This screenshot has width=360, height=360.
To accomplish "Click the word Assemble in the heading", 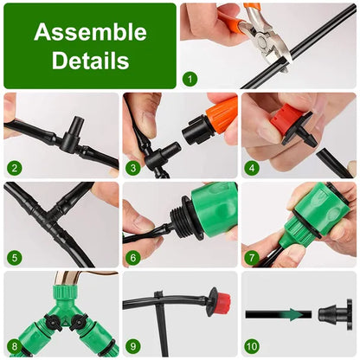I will tap(90, 33).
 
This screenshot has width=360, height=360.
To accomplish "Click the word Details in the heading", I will tap(90, 62).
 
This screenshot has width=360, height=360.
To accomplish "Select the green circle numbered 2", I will tap(13, 167).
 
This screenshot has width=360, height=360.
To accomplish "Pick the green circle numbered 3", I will tap(132, 167).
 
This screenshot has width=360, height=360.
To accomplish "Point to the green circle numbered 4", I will tap(252, 167).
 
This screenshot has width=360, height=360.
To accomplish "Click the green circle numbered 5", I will tap(13, 256).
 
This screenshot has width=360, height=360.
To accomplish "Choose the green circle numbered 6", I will tap(132, 256).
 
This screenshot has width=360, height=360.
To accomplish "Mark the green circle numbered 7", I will tap(252, 256).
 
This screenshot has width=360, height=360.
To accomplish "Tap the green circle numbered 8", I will tap(13, 346).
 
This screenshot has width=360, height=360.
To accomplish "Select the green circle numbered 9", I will tap(132, 346).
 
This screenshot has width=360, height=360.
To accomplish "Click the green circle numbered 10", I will tap(252, 346).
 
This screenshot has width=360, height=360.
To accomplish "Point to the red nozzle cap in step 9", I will tap(223, 302).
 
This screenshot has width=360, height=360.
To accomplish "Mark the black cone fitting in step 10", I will tap(332, 312).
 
